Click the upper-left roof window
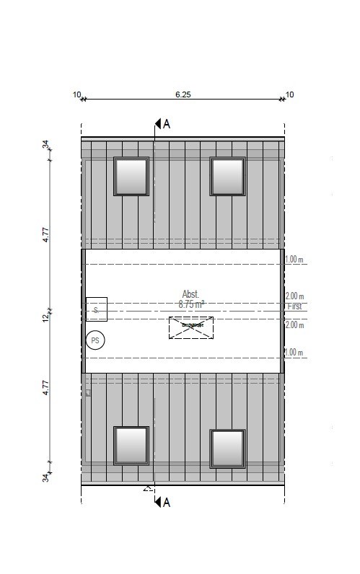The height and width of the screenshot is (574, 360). coord(131,176)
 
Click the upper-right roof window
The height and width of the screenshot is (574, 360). coord(228,176)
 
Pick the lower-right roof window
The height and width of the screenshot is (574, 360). coord(228,448)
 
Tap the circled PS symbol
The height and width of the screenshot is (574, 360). coord(95,340)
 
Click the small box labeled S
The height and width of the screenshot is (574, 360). coord(96,309)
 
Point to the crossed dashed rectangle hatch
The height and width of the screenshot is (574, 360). coord(191,327)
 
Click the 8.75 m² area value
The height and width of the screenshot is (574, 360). coord(191,305)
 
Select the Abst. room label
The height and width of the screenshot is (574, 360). coord(190,294)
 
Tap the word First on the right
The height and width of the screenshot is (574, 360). coord(294,306)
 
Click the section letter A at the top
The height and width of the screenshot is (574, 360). coord(167,123)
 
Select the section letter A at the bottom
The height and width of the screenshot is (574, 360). coord(167,502)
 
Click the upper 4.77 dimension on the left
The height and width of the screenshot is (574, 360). coord(45,234)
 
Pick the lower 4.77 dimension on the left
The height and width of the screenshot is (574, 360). coord(45,389)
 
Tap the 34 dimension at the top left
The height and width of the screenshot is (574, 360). coord(45,145)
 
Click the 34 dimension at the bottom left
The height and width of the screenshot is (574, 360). coord(45,477)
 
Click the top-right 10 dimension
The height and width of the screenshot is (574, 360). coord(289,94)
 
